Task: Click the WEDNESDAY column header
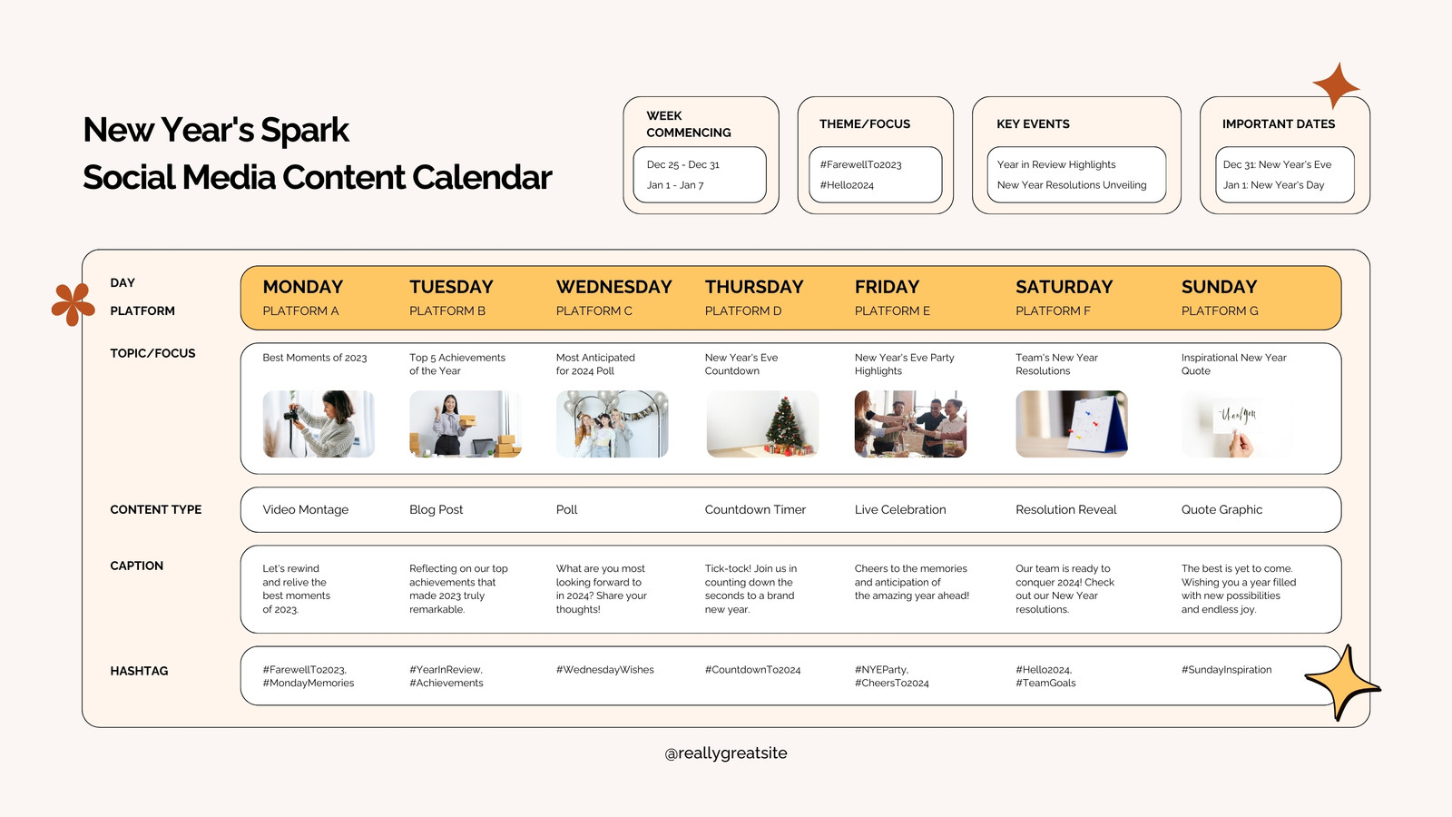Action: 613,287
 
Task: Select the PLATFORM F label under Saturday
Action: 1053,310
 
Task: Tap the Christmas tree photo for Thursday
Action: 762,424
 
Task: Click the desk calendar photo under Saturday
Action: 1072,424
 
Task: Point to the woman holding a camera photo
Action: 319,424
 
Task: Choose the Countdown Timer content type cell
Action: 755,509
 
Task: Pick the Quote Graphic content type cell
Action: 1221,509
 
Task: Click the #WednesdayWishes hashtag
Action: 604,670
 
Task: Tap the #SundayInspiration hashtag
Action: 1226,670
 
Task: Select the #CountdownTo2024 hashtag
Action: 752,670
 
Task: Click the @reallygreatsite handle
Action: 726,753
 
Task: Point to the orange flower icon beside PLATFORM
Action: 74,304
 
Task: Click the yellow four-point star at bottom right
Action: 1342,682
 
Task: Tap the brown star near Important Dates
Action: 1336,85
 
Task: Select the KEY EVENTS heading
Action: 1033,123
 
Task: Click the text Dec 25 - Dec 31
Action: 682,164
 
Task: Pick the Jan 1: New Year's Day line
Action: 1273,185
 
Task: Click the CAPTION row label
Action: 136,566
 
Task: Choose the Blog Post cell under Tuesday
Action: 436,509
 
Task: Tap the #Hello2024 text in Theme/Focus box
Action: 847,185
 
